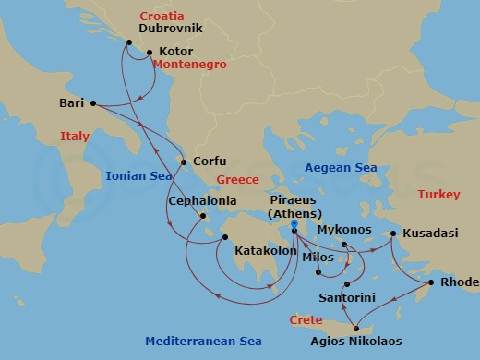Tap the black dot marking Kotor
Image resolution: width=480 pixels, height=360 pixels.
150,53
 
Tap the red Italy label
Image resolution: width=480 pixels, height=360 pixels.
75,137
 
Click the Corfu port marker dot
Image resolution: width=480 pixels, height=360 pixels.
184,163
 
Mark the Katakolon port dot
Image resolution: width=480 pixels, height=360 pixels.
222,237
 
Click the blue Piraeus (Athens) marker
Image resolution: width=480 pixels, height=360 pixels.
293,223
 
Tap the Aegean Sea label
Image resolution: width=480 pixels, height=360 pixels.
342,168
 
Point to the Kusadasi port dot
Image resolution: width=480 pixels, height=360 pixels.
392,234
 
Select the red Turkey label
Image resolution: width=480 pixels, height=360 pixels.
438,195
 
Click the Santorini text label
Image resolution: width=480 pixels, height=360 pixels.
346,299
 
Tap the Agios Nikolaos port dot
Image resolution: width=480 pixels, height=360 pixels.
354,327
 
